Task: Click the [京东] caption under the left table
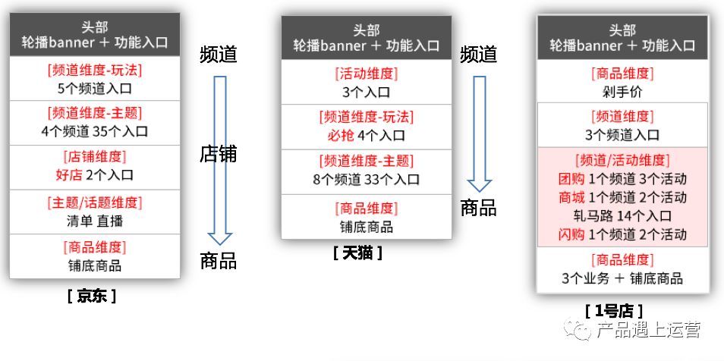point(92,296)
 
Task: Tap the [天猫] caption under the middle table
point(358,253)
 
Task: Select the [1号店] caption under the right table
point(614,311)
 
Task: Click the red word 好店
point(69,175)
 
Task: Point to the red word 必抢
point(341,135)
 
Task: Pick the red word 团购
point(571,179)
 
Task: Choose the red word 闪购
point(571,234)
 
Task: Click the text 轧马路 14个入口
point(622,215)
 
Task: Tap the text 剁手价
point(622,93)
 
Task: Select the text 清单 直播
point(95,221)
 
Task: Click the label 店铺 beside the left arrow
point(218,154)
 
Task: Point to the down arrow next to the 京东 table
point(220,160)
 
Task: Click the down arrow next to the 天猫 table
point(480,133)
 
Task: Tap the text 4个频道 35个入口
point(95,131)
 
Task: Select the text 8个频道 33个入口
point(366,179)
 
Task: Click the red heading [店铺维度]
point(95,157)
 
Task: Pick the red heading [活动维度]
point(366,74)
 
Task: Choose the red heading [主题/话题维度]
point(95,202)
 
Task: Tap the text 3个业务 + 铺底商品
point(622,278)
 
